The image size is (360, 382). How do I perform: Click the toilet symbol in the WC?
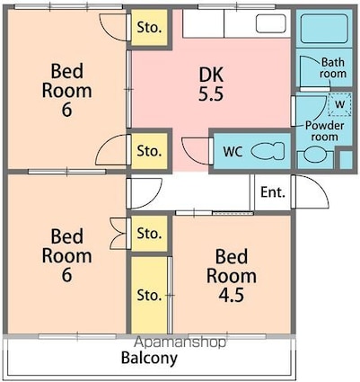coord(268,151)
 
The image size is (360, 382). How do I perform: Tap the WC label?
coord(233,152)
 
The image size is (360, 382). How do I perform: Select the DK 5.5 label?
coord(211,84)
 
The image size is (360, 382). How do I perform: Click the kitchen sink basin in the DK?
coord(271,23)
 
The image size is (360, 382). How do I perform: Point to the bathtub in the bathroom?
coord(324,29)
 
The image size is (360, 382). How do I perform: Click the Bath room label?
coord(333,68)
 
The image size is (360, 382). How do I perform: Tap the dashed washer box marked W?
coord(339,104)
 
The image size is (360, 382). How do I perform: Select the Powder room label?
coord(325,131)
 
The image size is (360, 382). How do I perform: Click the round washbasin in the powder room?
coord(315,155)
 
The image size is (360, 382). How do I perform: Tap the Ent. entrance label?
coord(273,192)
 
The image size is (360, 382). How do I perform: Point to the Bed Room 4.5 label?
coord(232,275)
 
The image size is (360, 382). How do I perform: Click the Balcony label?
coord(149,358)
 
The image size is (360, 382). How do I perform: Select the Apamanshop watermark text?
coord(180,342)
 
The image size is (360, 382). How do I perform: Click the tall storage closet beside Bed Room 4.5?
coord(149,295)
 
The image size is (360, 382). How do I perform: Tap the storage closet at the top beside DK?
coord(149,28)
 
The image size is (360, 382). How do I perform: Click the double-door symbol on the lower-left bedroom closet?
coord(119,234)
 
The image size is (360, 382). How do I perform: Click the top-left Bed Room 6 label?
coord(66,90)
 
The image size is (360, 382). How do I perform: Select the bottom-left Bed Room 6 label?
coord(66,255)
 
